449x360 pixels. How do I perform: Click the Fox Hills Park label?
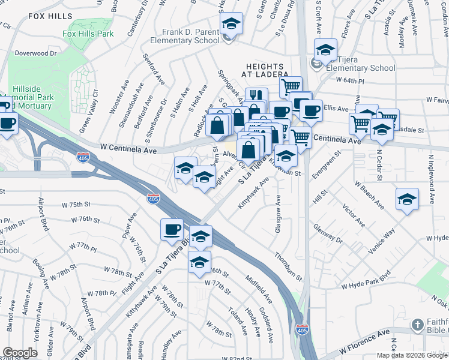point(88,34)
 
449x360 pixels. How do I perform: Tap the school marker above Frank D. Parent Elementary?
point(231,25)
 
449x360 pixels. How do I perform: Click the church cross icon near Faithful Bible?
point(418,325)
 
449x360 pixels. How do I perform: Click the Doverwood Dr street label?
point(36,53)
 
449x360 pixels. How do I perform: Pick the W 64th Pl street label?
point(352,80)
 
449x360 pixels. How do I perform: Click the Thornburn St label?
point(289,265)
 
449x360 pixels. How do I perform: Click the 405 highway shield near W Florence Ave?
point(301,329)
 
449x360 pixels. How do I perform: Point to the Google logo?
point(20,353)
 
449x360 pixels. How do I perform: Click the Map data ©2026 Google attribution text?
point(412,355)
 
